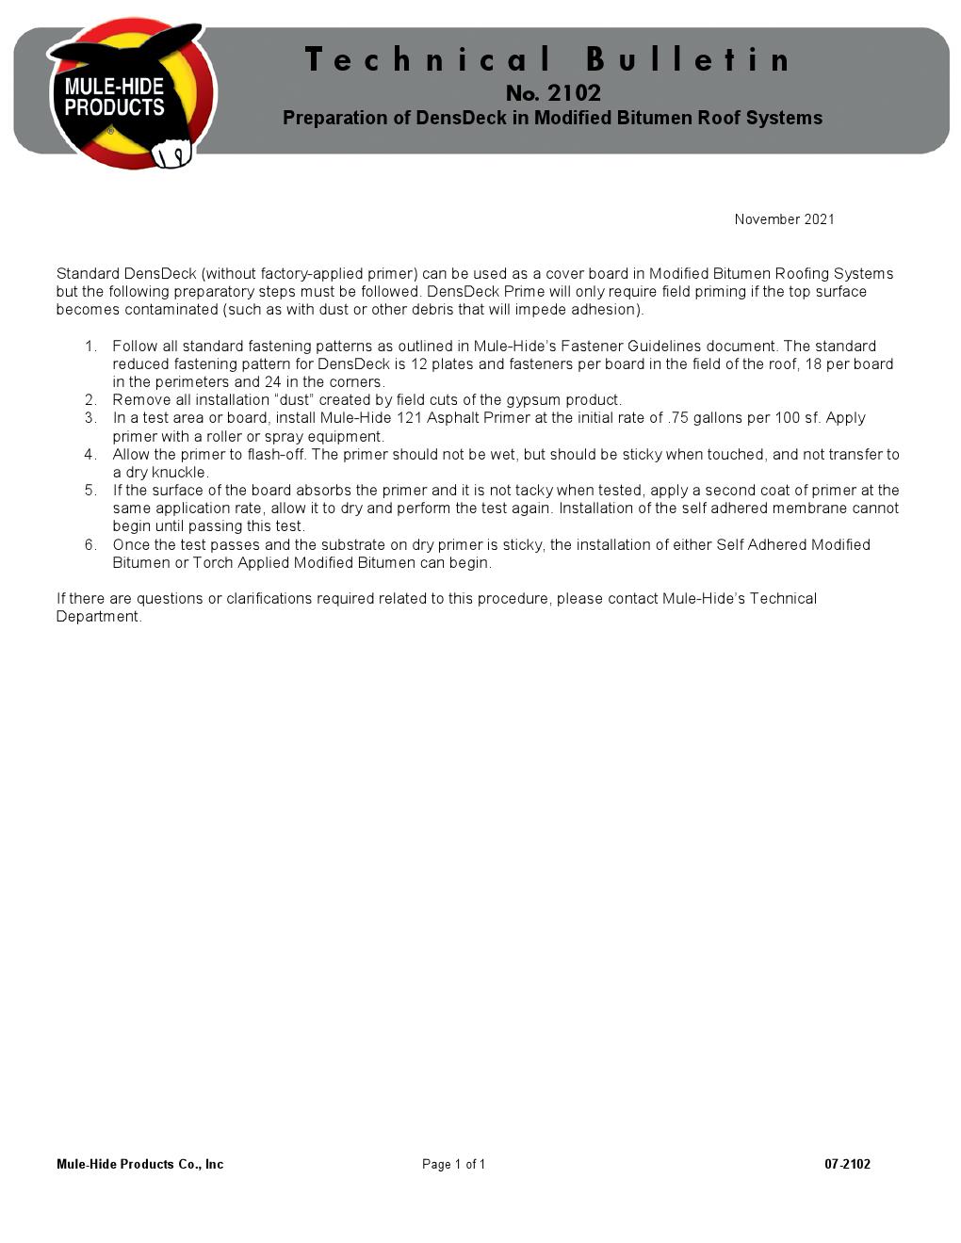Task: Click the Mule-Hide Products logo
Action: tap(132, 94)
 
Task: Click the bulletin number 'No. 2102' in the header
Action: tap(553, 93)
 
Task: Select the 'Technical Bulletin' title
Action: tap(549, 60)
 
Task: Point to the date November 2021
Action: tap(784, 219)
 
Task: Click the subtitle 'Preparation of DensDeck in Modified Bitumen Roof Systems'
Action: tap(552, 119)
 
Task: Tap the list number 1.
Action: tap(90, 347)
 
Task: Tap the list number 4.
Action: tap(90, 455)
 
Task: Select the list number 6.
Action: tap(90, 545)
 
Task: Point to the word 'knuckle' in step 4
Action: tap(180, 473)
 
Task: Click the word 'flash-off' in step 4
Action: tap(275, 455)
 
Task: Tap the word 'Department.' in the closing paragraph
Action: tap(99, 617)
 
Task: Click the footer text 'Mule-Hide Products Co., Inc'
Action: tap(139, 1165)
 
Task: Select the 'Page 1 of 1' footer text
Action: tap(453, 1165)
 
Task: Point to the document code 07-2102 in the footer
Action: tap(847, 1165)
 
